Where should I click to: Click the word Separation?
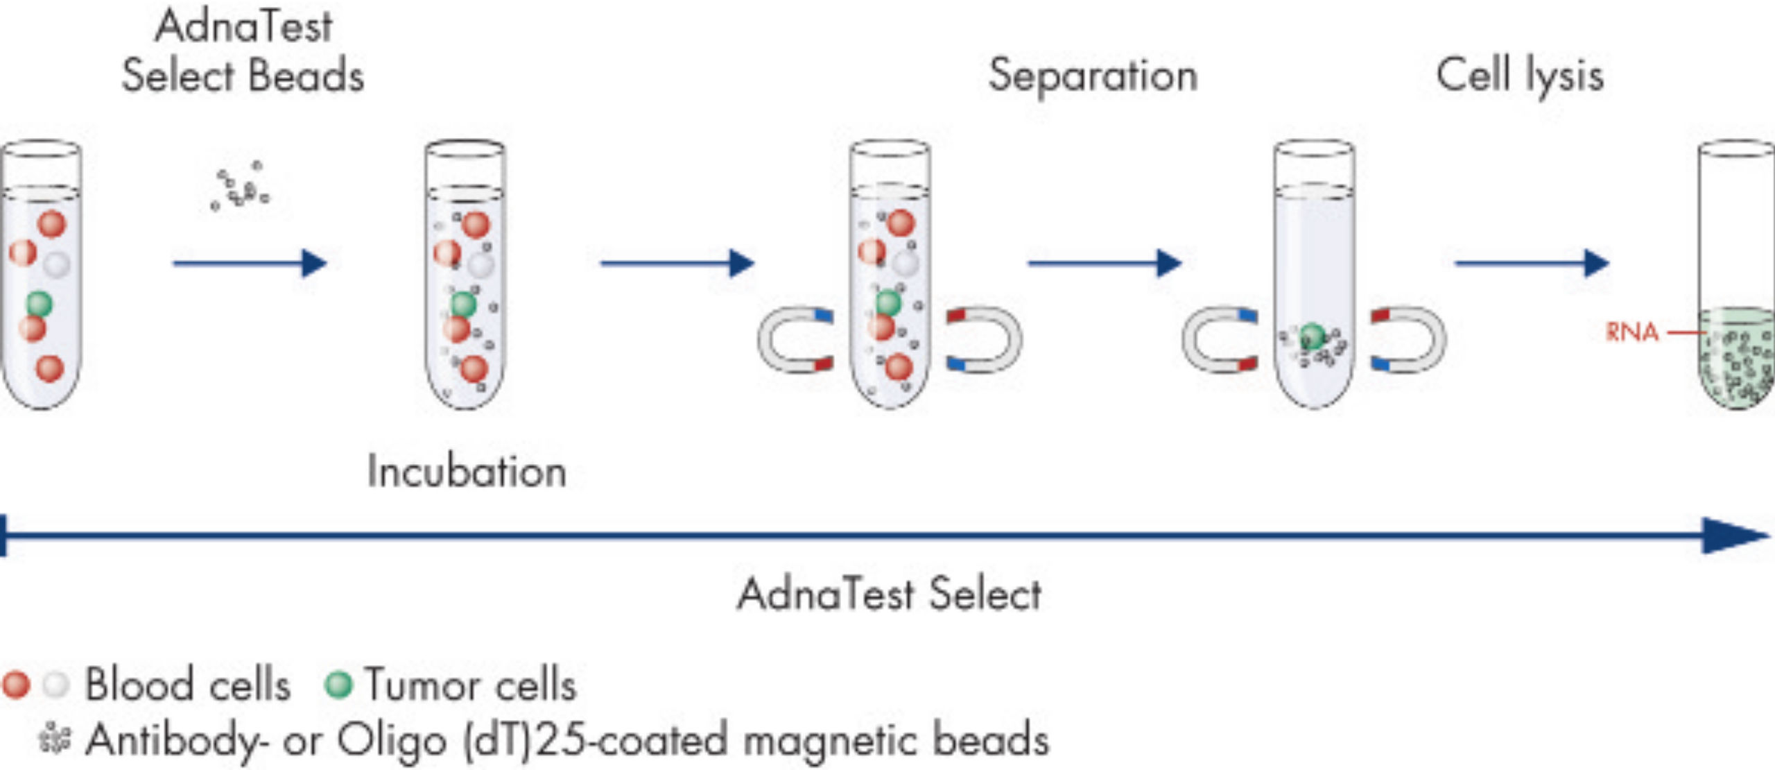[x=1093, y=76]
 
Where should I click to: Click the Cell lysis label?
[x=1520, y=76]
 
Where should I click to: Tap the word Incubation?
[x=467, y=472]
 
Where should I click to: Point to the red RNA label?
[x=1632, y=332]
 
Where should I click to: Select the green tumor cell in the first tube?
[x=40, y=303]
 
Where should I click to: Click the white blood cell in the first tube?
[x=57, y=264]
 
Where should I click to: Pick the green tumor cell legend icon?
[x=338, y=685]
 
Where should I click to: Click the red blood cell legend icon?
[x=16, y=685]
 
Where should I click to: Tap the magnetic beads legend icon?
[x=54, y=739]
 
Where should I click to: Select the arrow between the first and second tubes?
[x=250, y=263]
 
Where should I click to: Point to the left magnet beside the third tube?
[x=794, y=340]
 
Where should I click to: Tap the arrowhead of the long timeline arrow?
[x=1733, y=535]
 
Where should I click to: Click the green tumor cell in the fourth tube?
[x=1312, y=336]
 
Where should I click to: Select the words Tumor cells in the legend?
[x=471, y=685]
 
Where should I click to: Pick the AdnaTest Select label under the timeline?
[x=889, y=594]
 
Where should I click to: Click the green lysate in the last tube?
[x=1737, y=361]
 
